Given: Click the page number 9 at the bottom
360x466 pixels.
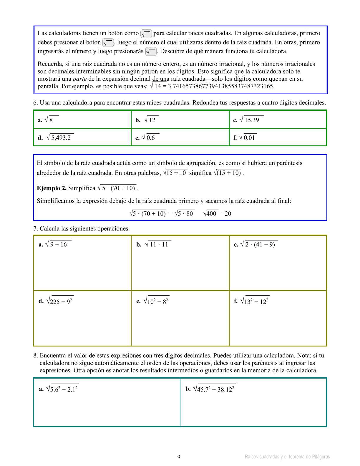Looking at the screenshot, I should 179,457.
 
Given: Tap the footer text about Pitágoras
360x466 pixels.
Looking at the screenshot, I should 287,457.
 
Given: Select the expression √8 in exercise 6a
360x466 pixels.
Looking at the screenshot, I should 51,120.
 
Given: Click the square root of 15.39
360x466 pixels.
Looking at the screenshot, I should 251,120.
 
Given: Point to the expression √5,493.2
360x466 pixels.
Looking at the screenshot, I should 60,137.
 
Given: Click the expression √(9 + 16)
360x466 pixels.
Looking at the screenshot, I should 58,244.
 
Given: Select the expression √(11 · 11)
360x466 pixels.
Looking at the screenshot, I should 158,244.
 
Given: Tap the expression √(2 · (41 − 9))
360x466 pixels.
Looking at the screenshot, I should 259,244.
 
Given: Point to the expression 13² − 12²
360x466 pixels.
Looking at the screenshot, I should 255,301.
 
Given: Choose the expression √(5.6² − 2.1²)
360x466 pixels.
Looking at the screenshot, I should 62,389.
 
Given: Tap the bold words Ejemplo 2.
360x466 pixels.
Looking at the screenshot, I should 52,188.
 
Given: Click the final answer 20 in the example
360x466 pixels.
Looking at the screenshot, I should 228,214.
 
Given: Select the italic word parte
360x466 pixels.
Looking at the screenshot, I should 79,79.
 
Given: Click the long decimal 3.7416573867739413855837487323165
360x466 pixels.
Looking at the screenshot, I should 221,86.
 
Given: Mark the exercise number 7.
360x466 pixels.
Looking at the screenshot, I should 35,229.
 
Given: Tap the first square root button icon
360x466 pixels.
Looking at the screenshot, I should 146,34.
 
